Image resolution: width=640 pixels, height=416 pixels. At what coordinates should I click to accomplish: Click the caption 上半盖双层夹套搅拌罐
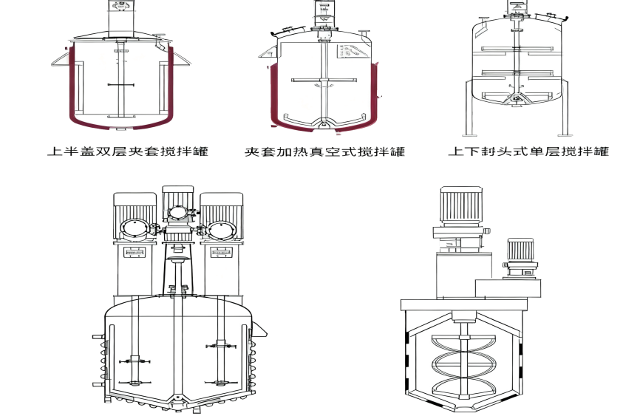click(x=128, y=151)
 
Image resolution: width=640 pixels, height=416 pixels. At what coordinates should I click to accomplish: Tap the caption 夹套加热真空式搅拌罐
click(x=325, y=151)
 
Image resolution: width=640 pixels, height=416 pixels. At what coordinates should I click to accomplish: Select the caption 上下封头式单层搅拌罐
click(x=528, y=151)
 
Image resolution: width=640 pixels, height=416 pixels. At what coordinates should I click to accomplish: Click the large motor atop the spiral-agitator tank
click(x=461, y=206)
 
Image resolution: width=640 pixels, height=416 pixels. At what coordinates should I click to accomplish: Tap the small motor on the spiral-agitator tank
click(x=520, y=250)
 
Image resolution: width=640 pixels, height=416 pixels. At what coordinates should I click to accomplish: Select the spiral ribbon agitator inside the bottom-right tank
click(x=463, y=365)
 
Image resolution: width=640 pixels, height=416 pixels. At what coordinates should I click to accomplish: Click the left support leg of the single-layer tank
click(x=470, y=107)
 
